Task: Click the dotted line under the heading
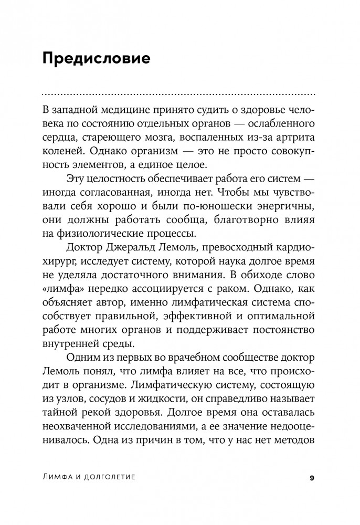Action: click(178, 94)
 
